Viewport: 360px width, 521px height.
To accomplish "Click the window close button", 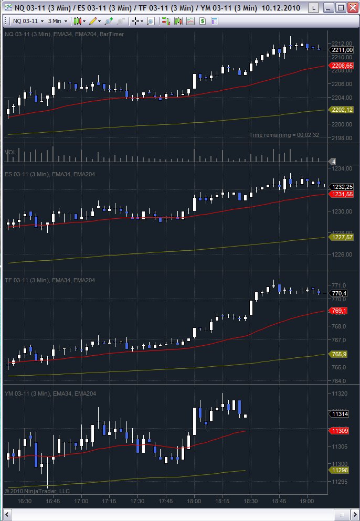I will pyautogui.click(x=351, y=8).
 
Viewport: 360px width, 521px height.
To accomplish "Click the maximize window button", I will pyautogui.click(x=340, y=8).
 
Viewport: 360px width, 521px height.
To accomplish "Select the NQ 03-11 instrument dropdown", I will pyautogui.click(x=28, y=21).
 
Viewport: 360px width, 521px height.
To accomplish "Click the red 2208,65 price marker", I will pyautogui.click(x=342, y=66).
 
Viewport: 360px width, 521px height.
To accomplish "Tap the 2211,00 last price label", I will pyautogui.click(x=342, y=50).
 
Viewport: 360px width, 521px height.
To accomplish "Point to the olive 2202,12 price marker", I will pyautogui.click(x=342, y=109).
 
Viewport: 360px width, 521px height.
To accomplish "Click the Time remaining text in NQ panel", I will pyautogui.click(x=284, y=135).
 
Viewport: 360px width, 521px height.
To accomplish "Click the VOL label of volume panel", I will pyautogui.click(x=10, y=152).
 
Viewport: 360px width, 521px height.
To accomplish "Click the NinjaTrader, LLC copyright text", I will pyautogui.click(x=37, y=491).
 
